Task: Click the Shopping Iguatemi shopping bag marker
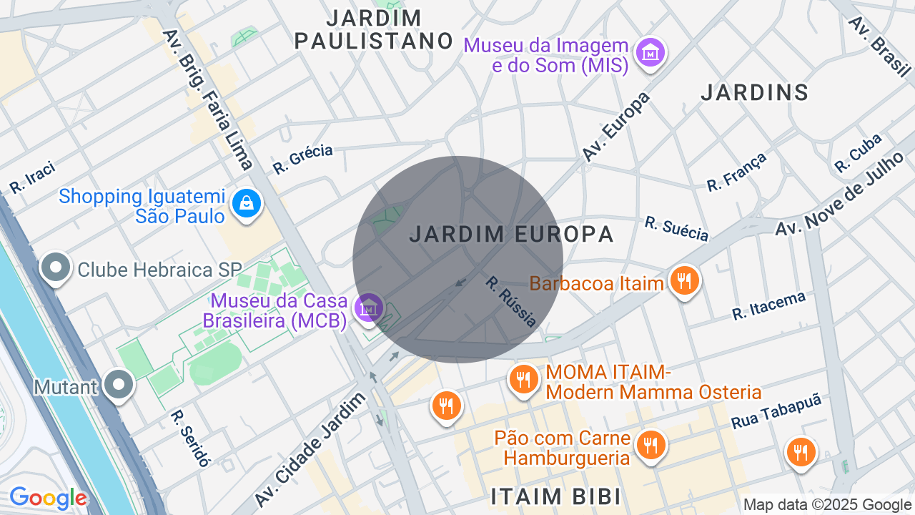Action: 247,205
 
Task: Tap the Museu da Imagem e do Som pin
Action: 651,53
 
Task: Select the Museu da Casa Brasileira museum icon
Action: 369,308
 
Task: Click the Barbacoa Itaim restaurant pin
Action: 685,281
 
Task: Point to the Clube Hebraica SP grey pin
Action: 56,269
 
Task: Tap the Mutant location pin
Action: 119,386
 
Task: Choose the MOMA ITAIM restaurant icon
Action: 524,379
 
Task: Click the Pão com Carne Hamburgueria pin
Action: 651,446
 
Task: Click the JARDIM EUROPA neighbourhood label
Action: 512,234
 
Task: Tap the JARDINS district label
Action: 754,92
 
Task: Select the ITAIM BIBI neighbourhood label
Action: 555,496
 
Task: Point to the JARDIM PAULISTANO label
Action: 374,29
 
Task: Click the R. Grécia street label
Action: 303,159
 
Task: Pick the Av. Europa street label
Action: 615,126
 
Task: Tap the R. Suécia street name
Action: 676,229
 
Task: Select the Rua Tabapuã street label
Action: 776,412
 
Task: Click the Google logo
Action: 48,498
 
